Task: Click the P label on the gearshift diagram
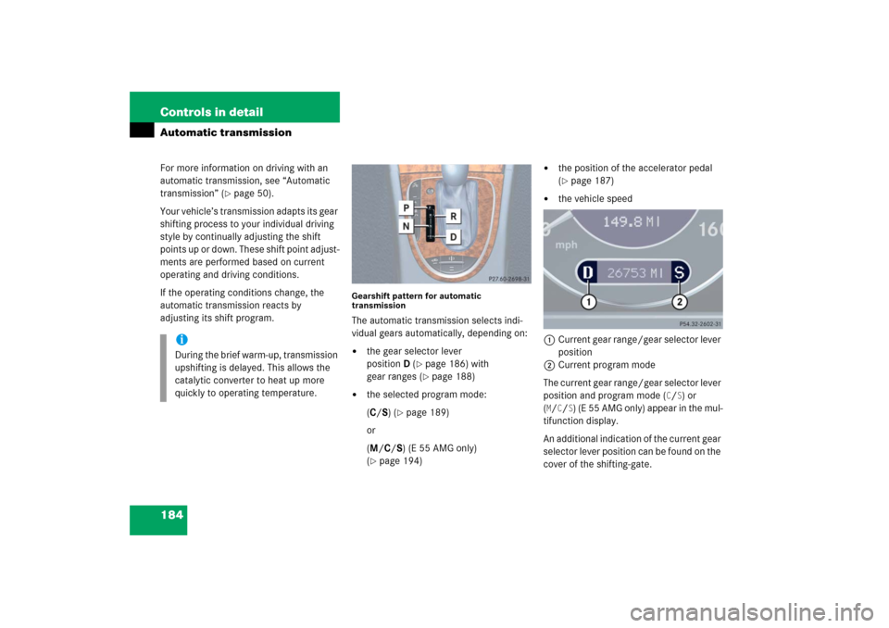[x=406, y=208]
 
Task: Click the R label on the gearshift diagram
[x=453, y=216]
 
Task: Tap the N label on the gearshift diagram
[x=406, y=226]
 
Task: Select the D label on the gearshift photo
[x=453, y=236]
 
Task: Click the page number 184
[x=172, y=515]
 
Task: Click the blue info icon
[x=182, y=339]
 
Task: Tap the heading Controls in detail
[x=211, y=112]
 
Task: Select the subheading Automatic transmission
[x=226, y=132]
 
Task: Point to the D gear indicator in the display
[x=587, y=273]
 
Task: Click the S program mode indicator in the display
[x=679, y=273]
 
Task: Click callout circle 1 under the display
[x=589, y=302]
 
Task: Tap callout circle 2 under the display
[x=679, y=302]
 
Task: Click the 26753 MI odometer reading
[x=634, y=273]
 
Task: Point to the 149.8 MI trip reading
[x=631, y=221]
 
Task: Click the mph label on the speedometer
[x=566, y=245]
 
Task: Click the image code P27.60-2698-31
[x=508, y=279]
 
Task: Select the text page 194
[x=400, y=460]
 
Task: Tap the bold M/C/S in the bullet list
[x=385, y=448]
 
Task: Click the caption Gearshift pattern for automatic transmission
[x=416, y=300]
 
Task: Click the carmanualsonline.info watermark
[x=752, y=612]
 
